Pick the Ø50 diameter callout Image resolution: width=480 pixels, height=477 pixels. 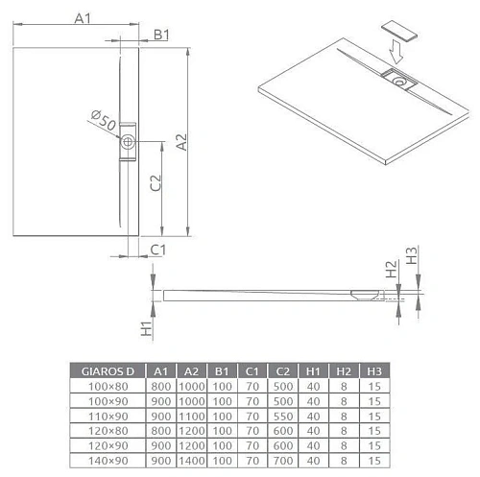[x=103, y=122]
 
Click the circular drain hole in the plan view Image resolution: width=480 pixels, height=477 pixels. [x=130, y=144]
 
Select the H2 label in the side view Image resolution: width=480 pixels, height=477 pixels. [x=390, y=272]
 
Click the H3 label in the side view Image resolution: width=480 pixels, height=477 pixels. [x=411, y=256]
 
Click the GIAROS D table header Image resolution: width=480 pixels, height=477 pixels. [x=108, y=370]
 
